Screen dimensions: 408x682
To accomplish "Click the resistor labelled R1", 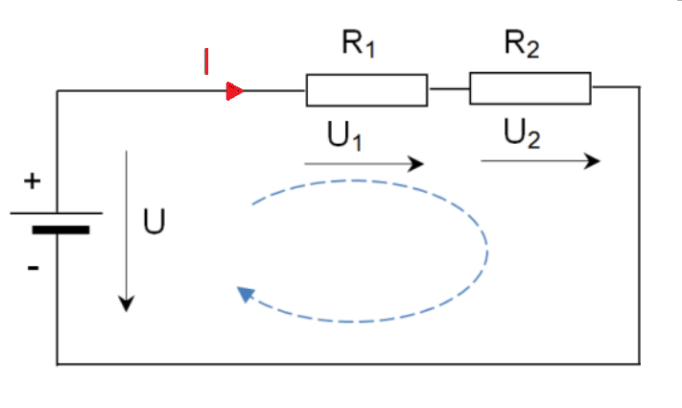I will (366, 90).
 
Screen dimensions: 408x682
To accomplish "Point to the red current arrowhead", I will (234, 91).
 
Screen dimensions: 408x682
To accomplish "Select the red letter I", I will (205, 61).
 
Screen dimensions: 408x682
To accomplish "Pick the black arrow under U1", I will (364, 164).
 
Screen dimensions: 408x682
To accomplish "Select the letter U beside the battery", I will (153, 222).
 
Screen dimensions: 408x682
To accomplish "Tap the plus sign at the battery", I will (33, 181).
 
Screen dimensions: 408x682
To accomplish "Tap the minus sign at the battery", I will (33, 268).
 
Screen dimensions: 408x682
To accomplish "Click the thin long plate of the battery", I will (57, 213).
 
